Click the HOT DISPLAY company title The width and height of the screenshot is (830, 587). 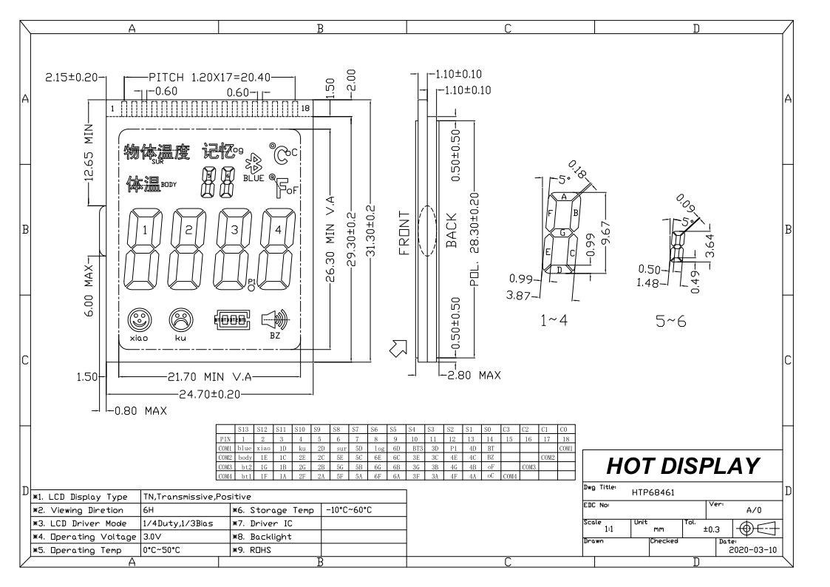coord(683,466)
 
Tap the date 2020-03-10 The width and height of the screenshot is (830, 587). coord(751,551)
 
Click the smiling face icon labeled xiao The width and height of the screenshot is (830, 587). coord(138,320)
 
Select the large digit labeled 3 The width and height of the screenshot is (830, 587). coord(234,251)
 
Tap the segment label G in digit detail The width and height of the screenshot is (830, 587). coord(562,232)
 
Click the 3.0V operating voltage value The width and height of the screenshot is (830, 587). coord(152,536)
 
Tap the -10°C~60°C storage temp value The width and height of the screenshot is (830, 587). coord(350,509)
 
